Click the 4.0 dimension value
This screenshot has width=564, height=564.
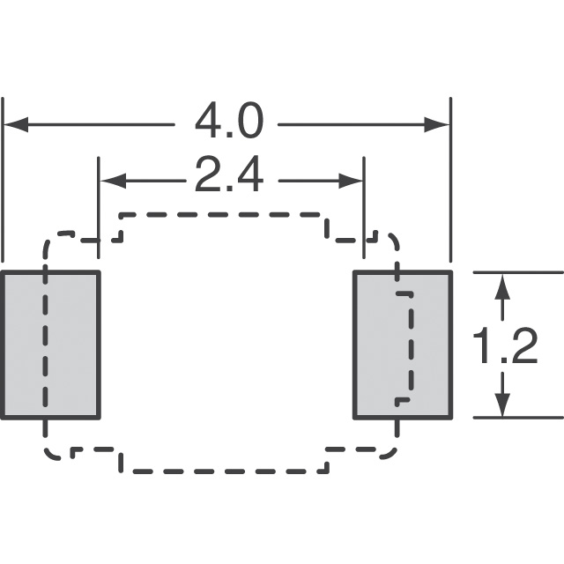click(x=229, y=122)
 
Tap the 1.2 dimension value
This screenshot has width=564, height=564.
click(x=505, y=346)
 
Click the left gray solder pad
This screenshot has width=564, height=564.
click(x=50, y=345)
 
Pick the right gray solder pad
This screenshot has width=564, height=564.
click(x=403, y=345)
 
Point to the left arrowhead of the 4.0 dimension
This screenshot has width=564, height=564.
click(x=16, y=124)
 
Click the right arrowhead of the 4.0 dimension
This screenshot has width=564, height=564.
click(x=437, y=124)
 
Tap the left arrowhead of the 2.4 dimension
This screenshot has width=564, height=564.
click(x=113, y=181)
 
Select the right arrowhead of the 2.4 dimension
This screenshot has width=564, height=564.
click(x=351, y=181)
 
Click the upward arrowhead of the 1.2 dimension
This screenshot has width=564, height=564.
click(x=502, y=286)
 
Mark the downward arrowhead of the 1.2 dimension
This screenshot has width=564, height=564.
click(x=502, y=404)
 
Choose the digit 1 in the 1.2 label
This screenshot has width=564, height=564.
click(x=481, y=346)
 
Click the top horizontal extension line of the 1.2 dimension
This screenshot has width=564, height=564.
click(x=518, y=272)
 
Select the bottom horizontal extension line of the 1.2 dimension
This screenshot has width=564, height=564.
click(x=518, y=418)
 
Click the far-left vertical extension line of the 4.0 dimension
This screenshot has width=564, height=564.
click(x=3, y=180)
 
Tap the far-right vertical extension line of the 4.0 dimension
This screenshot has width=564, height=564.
click(x=450, y=180)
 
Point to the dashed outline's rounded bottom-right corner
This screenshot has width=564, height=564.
click(x=391, y=454)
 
